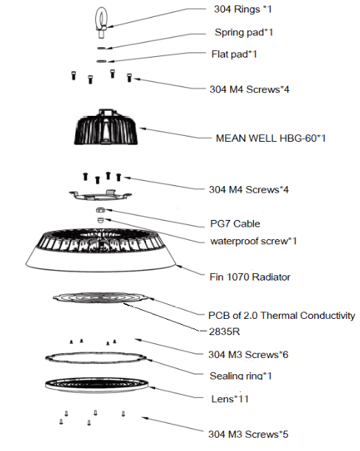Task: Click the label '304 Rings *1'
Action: coord(243,9)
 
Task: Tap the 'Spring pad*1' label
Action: coord(243,32)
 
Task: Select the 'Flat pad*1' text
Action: coord(234,54)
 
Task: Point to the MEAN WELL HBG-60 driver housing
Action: coord(105,127)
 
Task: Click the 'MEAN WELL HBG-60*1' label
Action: coord(271,138)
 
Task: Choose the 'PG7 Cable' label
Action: coord(235,224)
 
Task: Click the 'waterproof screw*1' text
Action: coord(253,241)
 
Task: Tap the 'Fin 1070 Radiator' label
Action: coord(250,277)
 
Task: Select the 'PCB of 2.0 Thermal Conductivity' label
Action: coord(282,315)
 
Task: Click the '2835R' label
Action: coord(224,331)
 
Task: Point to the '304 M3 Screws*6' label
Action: coord(248,354)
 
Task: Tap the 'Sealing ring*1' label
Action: coord(240,376)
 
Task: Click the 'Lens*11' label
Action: coord(229,399)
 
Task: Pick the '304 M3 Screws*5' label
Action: coord(248,434)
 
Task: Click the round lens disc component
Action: coord(97,385)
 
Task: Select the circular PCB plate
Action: coord(101,297)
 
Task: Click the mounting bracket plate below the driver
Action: coord(100,195)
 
